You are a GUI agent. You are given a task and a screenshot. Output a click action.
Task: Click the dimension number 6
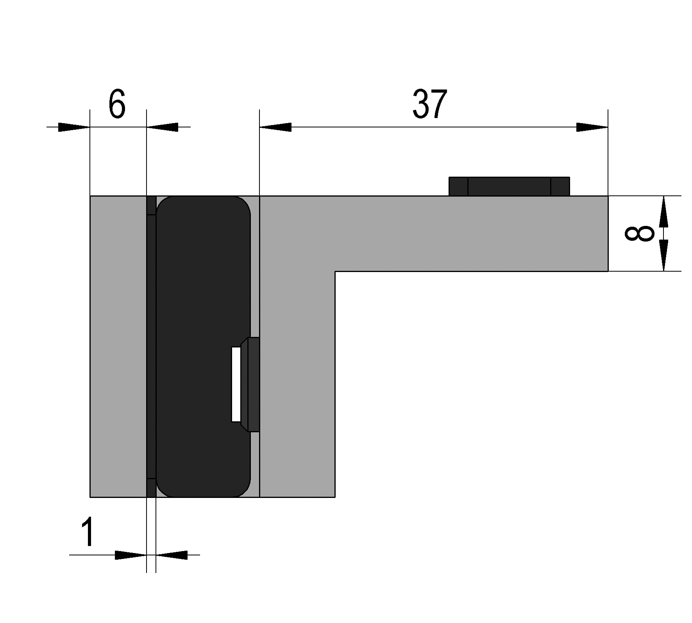(117, 104)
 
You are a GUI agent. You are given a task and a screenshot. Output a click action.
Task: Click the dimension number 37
(429, 104)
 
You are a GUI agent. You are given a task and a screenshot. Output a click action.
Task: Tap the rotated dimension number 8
(639, 233)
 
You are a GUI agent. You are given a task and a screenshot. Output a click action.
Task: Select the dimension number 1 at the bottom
(88, 531)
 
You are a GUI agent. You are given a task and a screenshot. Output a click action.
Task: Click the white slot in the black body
(236, 385)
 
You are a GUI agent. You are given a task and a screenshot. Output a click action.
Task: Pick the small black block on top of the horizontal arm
(509, 186)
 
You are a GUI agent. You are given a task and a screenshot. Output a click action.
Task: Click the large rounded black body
(203, 346)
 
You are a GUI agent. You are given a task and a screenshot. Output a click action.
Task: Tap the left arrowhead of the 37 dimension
(275, 127)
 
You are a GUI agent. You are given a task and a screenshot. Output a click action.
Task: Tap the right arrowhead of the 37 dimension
(592, 127)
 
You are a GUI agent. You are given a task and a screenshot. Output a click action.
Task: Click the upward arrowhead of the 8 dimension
(663, 211)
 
